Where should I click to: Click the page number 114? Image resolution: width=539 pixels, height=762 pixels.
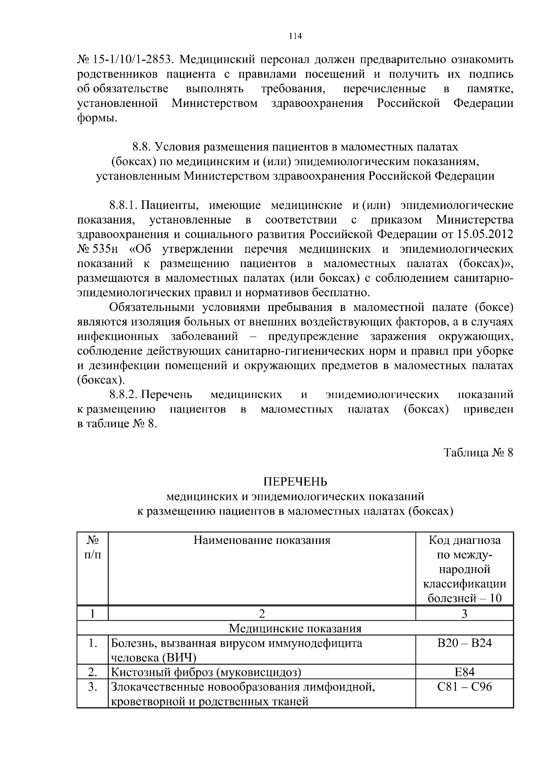(295, 36)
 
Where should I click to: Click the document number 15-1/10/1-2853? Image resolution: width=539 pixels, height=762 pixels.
(133, 60)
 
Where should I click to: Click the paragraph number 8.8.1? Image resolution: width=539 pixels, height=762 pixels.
(123, 206)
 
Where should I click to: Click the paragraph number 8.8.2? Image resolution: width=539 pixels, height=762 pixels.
(123, 394)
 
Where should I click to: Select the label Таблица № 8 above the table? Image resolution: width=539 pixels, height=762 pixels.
(478, 452)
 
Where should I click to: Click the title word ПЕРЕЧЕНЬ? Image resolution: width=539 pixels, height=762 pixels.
(295, 482)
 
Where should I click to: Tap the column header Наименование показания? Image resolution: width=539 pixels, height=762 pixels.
(262, 540)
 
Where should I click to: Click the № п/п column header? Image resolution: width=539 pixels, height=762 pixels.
(92, 547)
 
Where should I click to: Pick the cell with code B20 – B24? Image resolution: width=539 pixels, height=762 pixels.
(464, 643)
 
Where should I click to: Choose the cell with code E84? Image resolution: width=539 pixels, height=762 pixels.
(464, 672)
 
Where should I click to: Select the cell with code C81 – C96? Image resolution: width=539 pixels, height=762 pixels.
(464, 687)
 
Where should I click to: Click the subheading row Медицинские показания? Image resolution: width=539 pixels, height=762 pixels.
(295, 628)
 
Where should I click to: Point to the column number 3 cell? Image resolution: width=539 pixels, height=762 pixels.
(464, 613)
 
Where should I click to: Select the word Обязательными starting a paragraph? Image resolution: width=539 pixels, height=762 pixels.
(151, 307)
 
